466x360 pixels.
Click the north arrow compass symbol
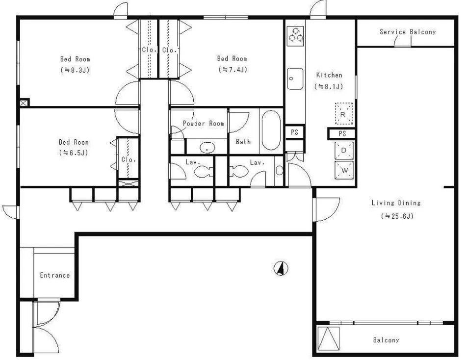[281, 268]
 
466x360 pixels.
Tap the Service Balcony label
[408, 32]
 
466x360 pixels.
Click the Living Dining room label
[396, 203]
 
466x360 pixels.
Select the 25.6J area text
[397, 216]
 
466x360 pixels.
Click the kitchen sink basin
[295, 79]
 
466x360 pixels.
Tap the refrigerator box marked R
[344, 114]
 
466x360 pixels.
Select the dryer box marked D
[344, 151]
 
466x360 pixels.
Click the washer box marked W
[344, 170]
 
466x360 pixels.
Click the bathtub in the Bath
[271, 130]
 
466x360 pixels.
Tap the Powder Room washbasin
[207, 147]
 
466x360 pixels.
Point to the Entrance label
[55, 275]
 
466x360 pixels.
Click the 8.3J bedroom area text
[75, 70]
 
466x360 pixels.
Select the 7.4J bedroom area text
[233, 70]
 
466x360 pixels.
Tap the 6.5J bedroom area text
[74, 153]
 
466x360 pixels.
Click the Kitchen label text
[329, 75]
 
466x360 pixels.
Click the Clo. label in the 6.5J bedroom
[129, 159]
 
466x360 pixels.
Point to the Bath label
[243, 142]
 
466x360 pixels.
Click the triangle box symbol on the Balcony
[328, 338]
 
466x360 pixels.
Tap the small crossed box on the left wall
[25, 103]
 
